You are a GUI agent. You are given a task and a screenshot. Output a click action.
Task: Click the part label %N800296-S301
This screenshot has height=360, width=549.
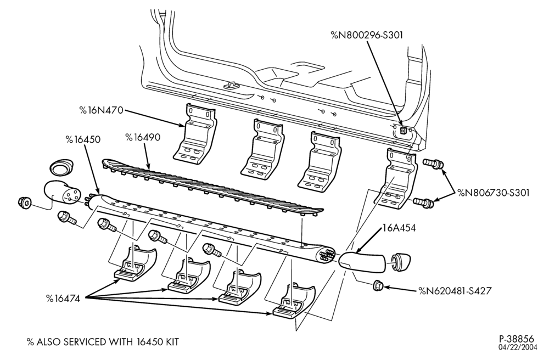pos(367,35)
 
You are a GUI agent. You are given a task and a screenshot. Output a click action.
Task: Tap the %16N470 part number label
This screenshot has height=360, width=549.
pos(101,110)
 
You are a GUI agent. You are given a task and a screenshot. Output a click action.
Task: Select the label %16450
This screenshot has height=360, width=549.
pos(83,139)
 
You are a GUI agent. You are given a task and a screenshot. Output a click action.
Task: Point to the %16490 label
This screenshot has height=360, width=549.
pos(143,137)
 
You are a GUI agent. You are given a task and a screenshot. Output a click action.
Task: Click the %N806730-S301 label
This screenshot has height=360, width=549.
pos(493,193)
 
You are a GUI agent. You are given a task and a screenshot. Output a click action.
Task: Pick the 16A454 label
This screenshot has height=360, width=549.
pos(399,228)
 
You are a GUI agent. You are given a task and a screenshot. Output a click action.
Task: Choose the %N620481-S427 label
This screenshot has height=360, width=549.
pos(455,291)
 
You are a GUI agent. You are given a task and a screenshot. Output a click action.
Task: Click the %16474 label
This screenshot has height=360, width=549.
pos(63,299)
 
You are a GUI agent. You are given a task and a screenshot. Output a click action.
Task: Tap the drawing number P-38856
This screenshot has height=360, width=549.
pos(517,339)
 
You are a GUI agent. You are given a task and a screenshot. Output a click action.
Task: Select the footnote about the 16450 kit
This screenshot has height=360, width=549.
pos(103,342)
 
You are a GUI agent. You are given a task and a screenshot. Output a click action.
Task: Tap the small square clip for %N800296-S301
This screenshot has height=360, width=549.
pos(403,131)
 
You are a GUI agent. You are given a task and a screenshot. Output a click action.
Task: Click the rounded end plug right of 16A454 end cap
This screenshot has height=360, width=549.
pos(400,262)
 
